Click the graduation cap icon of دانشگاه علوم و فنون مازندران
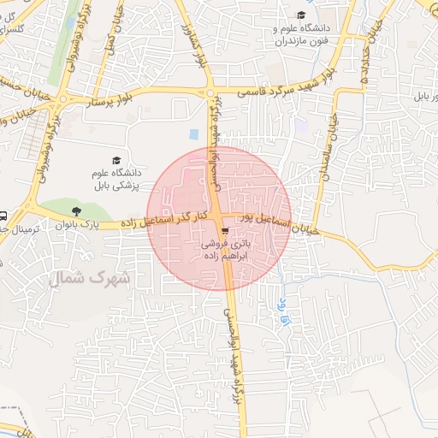tap(301, 15)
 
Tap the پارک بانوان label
tap(73, 226)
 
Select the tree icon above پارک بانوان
tap(78, 210)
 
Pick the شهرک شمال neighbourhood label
tap(98, 278)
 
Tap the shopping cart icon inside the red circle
tap(223, 231)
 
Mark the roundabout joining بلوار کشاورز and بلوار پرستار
tap(210, 93)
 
